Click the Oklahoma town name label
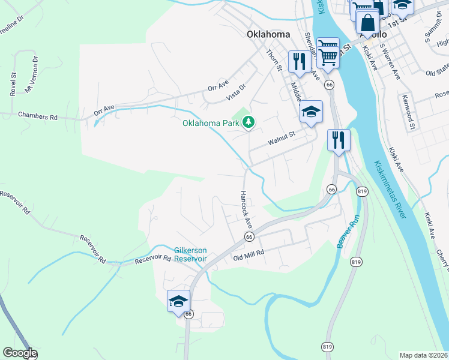(x=268, y=34)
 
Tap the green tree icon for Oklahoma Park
(x=248, y=122)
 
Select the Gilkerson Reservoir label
(x=190, y=254)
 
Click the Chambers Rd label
(x=38, y=116)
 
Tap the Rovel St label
(x=12, y=83)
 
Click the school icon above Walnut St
(x=311, y=112)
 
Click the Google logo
(x=19, y=353)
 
